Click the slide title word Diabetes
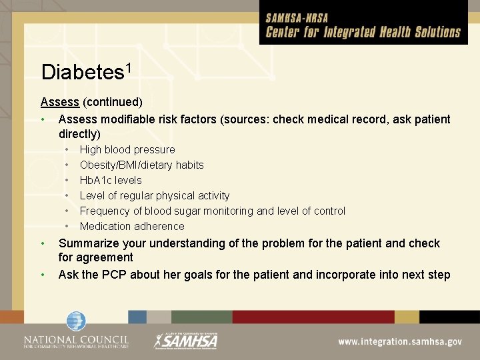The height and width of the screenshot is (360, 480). coord(78,72)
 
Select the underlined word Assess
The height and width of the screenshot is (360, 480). coord(59,102)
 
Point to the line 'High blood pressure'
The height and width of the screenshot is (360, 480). coord(127,149)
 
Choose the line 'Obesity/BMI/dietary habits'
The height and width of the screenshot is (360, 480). coord(141,165)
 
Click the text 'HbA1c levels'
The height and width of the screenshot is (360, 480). coord(111,180)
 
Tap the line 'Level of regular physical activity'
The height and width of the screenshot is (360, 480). coord(155,195)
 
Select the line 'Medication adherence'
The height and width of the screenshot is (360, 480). coord(132,226)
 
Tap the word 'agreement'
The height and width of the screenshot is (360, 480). coord(105,257)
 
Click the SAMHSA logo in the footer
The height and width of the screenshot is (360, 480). coord(186,341)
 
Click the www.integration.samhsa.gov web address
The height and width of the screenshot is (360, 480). coord(399,341)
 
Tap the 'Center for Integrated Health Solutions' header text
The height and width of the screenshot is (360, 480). coord(363,32)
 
